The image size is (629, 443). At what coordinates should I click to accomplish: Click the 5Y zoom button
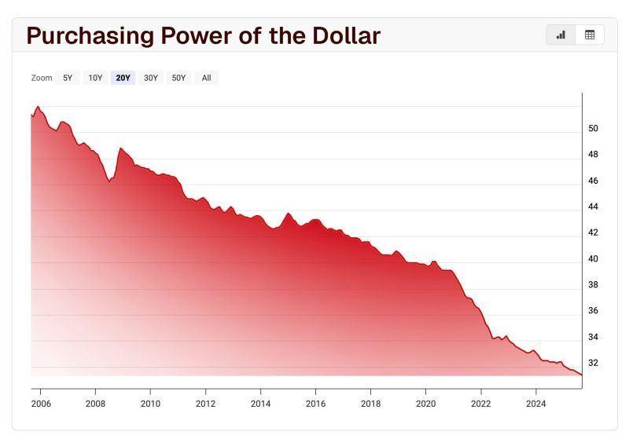click(68, 78)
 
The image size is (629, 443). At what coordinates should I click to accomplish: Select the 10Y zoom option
click(95, 78)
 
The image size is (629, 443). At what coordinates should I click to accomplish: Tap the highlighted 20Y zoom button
click(123, 78)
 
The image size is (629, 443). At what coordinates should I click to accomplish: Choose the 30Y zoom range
click(151, 78)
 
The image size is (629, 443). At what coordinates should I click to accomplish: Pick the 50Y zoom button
click(178, 78)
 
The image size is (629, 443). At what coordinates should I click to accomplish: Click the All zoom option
click(206, 78)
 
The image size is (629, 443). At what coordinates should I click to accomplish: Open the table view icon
click(590, 35)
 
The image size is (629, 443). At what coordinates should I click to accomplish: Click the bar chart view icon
click(561, 35)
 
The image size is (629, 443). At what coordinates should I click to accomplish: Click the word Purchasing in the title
click(89, 35)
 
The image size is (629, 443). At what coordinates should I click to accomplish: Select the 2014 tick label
click(260, 404)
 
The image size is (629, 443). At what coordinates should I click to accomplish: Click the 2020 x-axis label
click(425, 404)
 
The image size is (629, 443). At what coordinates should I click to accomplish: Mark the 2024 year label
click(535, 404)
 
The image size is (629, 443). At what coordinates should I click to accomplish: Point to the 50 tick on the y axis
click(593, 128)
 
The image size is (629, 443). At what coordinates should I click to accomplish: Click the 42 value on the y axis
click(593, 232)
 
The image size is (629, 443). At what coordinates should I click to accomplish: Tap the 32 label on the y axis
click(593, 363)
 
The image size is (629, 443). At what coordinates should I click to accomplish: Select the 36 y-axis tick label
click(593, 311)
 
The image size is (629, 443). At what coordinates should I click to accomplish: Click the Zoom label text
click(42, 78)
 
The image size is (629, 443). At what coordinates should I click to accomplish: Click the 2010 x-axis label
click(150, 404)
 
